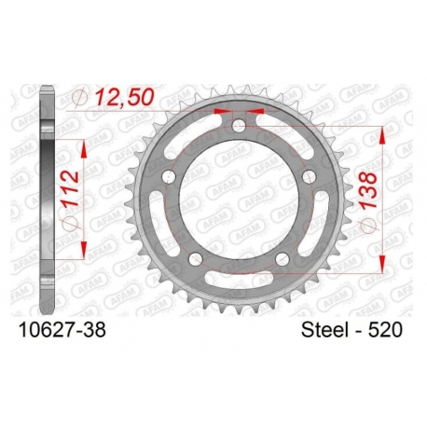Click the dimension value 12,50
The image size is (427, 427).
coord(124,96)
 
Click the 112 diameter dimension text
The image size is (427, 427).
coord(70,188)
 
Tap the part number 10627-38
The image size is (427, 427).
coord(62,329)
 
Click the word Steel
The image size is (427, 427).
coord(324,329)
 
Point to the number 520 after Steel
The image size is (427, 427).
coord(385,329)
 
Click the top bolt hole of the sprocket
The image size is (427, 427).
coord(239,125)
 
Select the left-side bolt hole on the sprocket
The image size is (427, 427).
coord(169,177)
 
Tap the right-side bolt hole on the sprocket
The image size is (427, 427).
coord(310,176)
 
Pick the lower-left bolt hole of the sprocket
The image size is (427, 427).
coord(196,259)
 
